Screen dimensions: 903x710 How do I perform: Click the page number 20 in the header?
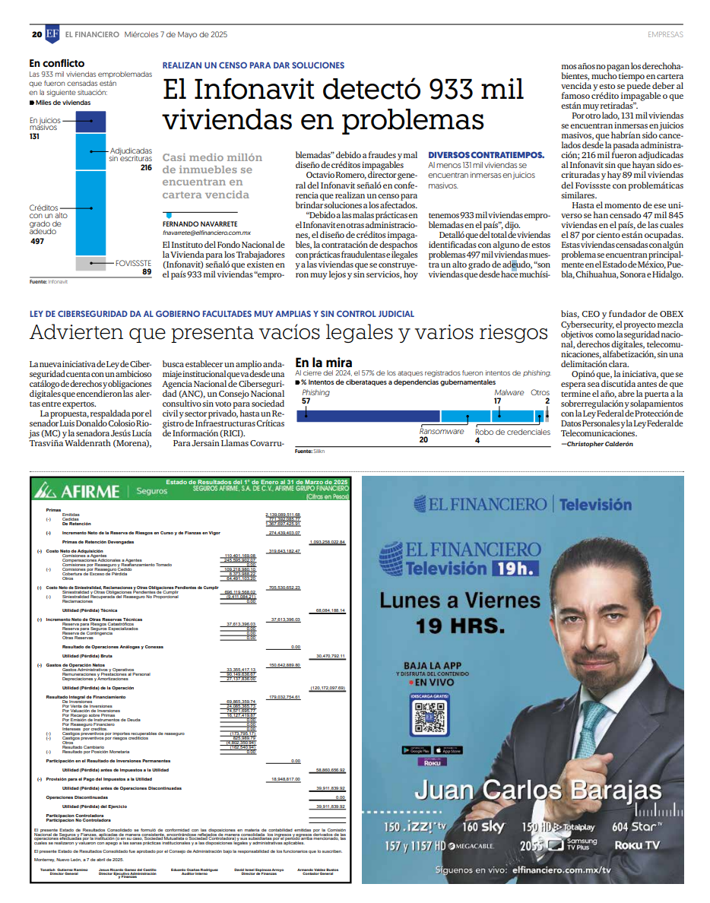(36, 34)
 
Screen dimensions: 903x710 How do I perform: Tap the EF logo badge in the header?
(52, 34)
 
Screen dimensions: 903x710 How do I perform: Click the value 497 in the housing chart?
(37, 241)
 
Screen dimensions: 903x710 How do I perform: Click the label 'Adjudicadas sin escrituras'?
(130, 155)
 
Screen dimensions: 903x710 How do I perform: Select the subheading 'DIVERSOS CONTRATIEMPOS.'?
(486, 154)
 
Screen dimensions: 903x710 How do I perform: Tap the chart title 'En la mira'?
(323, 363)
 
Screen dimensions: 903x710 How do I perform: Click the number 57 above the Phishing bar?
(306, 401)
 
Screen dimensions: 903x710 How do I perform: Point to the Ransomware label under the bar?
(441, 431)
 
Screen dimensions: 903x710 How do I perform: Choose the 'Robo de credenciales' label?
(512, 431)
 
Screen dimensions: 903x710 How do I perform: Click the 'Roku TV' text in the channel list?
(637, 844)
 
